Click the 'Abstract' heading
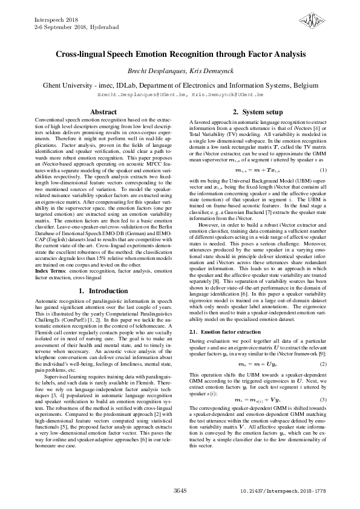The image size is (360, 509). (x=103, y=112)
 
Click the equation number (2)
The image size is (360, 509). (x=323, y=363)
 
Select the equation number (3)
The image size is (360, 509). (x=323, y=400)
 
